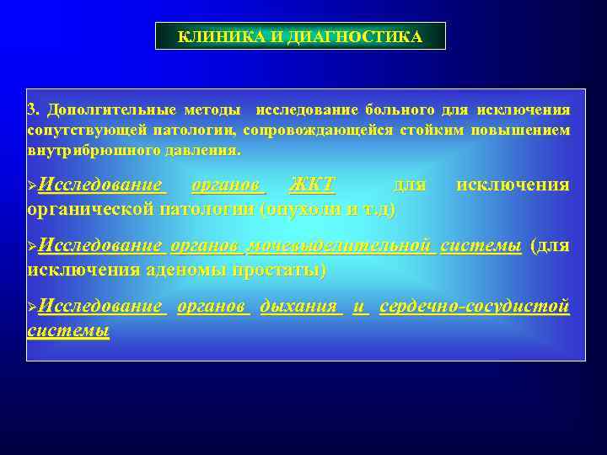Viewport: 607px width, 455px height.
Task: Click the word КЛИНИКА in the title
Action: point(212,37)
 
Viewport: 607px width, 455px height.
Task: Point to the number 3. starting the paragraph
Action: point(34,110)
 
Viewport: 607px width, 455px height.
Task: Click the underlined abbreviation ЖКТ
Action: point(312,185)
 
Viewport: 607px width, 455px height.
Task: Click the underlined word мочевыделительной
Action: point(341,246)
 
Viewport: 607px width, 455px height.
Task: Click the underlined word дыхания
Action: point(299,307)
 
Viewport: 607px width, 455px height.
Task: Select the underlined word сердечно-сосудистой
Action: point(475,307)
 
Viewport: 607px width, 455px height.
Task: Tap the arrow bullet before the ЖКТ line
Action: point(33,185)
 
